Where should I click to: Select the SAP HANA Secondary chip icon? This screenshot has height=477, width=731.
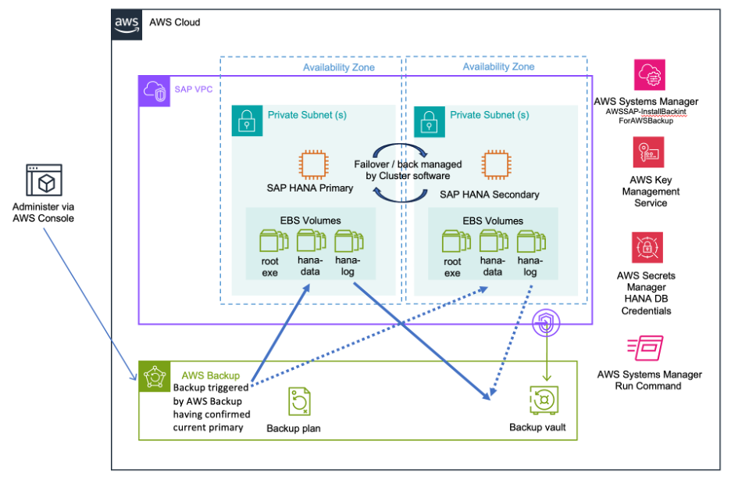click(x=494, y=166)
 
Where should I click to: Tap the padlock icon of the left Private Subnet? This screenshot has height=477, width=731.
click(x=247, y=120)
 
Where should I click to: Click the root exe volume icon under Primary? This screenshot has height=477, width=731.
click(x=271, y=242)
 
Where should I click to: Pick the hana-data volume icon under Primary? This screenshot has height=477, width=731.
click(x=309, y=242)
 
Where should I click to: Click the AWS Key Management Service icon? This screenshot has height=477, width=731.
click(x=648, y=152)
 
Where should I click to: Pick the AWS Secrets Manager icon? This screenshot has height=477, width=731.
click(x=648, y=248)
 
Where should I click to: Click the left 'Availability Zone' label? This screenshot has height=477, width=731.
click(x=339, y=67)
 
